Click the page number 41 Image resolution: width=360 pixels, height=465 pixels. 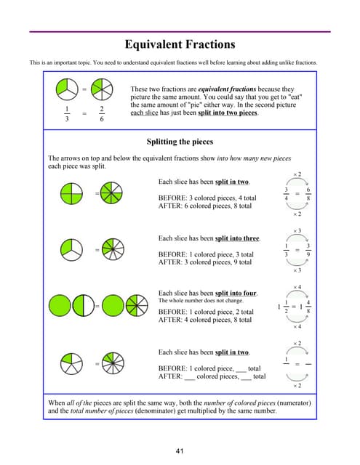click(180, 451)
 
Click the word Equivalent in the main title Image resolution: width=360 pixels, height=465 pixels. click(153, 44)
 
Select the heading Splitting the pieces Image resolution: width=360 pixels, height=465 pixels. click(180, 142)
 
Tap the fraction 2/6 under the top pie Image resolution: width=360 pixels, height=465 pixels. click(102, 114)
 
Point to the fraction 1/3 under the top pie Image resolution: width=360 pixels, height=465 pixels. click(67, 114)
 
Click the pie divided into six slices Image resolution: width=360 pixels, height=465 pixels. click(102, 89)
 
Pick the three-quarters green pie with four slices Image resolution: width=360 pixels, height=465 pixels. click(71, 193)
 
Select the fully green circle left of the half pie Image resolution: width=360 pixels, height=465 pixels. click(60, 305)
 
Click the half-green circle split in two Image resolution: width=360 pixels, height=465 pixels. click(84, 305)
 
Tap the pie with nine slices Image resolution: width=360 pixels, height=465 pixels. click(113, 249)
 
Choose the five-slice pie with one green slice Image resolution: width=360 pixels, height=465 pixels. click(71, 363)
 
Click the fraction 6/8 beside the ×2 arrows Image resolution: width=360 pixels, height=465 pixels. click(308, 194)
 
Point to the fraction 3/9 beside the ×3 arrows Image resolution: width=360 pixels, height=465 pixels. click(308, 250)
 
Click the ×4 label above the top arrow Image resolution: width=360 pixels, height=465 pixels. click(297, 287)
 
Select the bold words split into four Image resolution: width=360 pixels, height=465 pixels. click(236, 294)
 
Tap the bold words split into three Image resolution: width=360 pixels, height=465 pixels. click(237, 238)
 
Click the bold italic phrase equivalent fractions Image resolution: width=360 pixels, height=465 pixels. click(227, 89)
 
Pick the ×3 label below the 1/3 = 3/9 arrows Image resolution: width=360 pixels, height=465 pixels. click(297, 270)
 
